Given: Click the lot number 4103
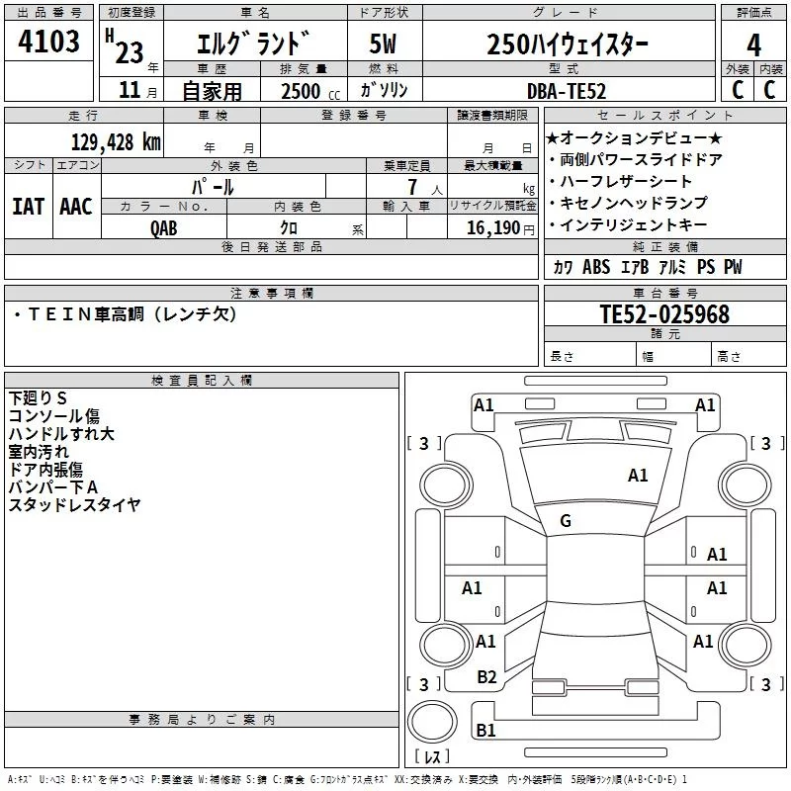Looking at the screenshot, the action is point(49,43).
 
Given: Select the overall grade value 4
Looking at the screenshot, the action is point(753,44).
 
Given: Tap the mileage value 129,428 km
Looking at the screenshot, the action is point(116,142).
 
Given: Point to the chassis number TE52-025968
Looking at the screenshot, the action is point(664,314).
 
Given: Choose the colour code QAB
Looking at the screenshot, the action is point(164,227).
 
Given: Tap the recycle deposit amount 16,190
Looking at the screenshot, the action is point(494,227).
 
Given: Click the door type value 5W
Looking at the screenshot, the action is point(384,44).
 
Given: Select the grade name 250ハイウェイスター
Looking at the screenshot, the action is point(568,44).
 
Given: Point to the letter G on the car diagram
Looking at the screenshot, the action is point(566,521).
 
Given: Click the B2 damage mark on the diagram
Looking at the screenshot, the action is point(486,677).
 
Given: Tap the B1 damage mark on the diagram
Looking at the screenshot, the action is point(485,731).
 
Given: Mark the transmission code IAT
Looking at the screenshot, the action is point(29,207).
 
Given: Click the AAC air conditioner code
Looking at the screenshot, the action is point(76,207).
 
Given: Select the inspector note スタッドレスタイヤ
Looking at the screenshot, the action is point(75,505).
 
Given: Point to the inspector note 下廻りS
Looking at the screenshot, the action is point(38,398).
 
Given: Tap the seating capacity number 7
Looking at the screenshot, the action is point(411,187).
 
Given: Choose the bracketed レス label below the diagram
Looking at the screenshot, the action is point(432,757).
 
